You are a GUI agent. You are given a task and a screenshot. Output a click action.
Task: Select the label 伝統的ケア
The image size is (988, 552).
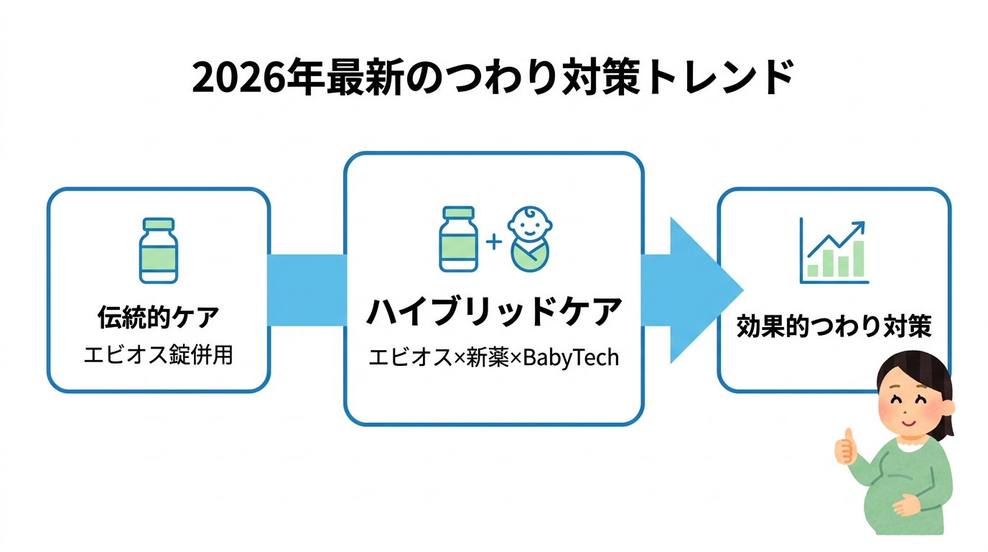[158, 317]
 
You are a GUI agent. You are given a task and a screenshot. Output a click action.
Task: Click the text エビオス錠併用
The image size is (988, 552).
[158, 355]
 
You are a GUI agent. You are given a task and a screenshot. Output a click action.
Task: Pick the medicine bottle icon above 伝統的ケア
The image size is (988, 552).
[158, 251]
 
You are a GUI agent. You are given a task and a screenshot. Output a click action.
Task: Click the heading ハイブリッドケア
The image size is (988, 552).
[494, 311]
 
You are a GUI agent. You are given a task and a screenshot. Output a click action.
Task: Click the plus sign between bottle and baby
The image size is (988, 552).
[493, 241]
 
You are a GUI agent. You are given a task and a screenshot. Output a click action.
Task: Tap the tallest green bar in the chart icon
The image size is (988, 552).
[858, 259]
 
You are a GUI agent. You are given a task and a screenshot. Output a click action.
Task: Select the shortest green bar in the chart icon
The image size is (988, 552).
[813, 270]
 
